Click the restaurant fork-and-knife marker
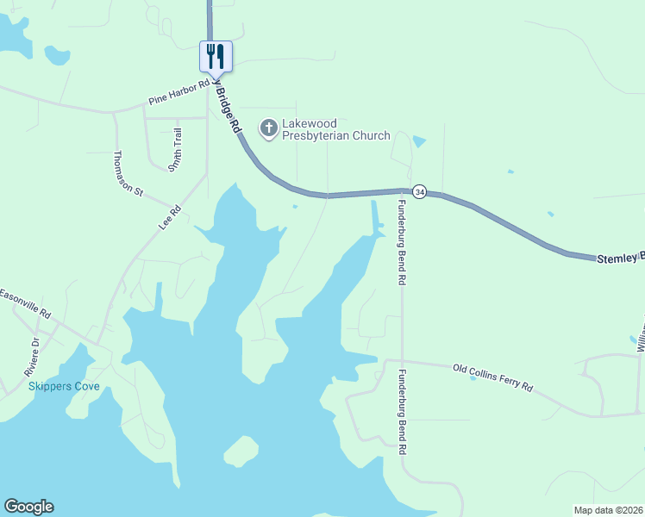pyautogui.click(x=216, y=57)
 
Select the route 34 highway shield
pyautogui.click(x=419, y=190)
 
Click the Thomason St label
pyautogui.click(x=128, y=173)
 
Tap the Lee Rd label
pyautogui.click(x=170, y=215)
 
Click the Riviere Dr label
pyautogui.click(x=32, y=357)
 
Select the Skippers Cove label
pyautogui.click(x=64, y=386)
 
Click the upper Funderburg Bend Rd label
pyautogui.click(x=401, y=242)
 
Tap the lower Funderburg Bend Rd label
pyautogui.click(x=401, y=413)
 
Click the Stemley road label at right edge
pyautogui.click(x=620, y=257)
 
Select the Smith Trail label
pyautogui.click(x=176, y=148)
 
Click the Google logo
pyautogui.click(x=28, y=507)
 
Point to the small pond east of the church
pyautogui.click(x=419, y=141)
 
